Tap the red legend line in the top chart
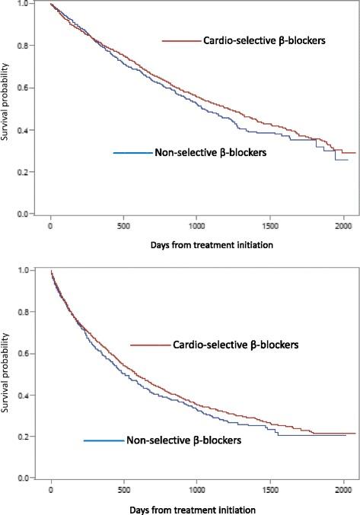point(181,40)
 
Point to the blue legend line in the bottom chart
point(103,440)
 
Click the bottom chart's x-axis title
point(196,507)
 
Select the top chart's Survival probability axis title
point(7,110)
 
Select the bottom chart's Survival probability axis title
point(7,374)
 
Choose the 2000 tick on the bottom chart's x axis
point(343,489)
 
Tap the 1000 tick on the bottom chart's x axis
point(196,489)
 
